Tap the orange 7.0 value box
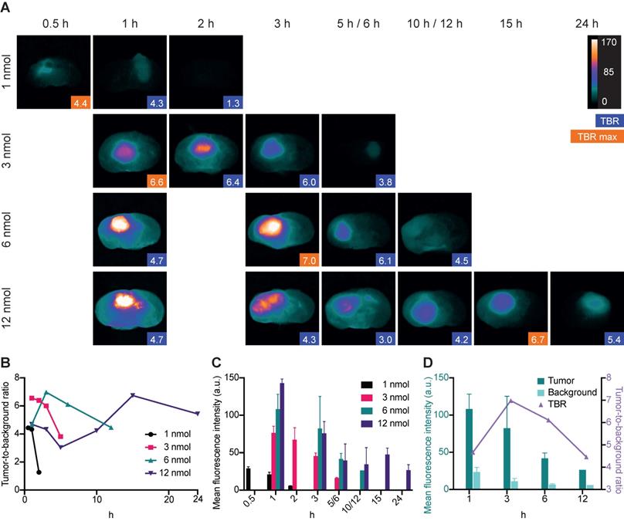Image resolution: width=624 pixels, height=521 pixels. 307,259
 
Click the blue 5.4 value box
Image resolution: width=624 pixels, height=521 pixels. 612,338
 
